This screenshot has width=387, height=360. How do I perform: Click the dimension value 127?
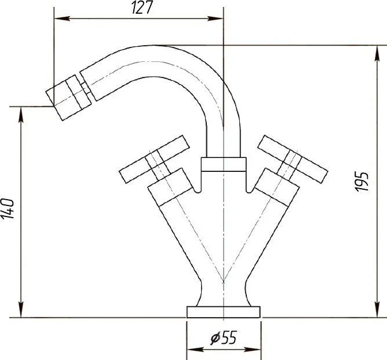(x=143, y=8)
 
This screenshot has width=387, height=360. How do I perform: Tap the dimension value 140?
(x=8, y=208)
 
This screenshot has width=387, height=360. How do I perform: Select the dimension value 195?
(x=362, y=181)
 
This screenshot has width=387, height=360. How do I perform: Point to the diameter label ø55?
(x=224, y=337)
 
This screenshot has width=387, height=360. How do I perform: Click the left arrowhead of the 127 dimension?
(x=62, y=19)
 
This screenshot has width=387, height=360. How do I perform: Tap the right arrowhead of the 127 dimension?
(x=216, y=19)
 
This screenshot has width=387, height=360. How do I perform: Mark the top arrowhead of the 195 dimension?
(x=377, y=53)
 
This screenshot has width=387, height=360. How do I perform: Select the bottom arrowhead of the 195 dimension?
(x=377, y=310)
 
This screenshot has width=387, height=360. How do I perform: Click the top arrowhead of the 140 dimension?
(x=21, y=115)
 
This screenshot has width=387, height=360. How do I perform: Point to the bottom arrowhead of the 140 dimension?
(x=21, y=310)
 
